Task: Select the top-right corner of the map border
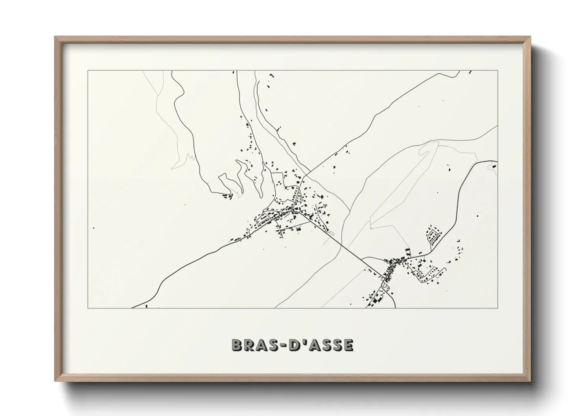point(498,70)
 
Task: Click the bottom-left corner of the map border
point(88,308)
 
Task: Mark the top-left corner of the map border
point(88,70)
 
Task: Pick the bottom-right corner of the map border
point(498,308)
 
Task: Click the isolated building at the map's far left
point(93,228)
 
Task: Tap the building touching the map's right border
point(495,166)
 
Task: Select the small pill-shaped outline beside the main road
point(330,234)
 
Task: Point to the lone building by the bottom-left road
point(146,306)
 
